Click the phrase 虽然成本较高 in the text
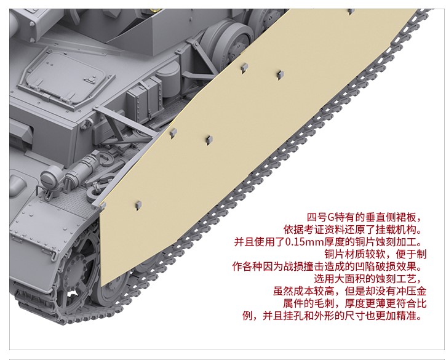(x=303, y=291)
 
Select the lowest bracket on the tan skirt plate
(x=138, y=206)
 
